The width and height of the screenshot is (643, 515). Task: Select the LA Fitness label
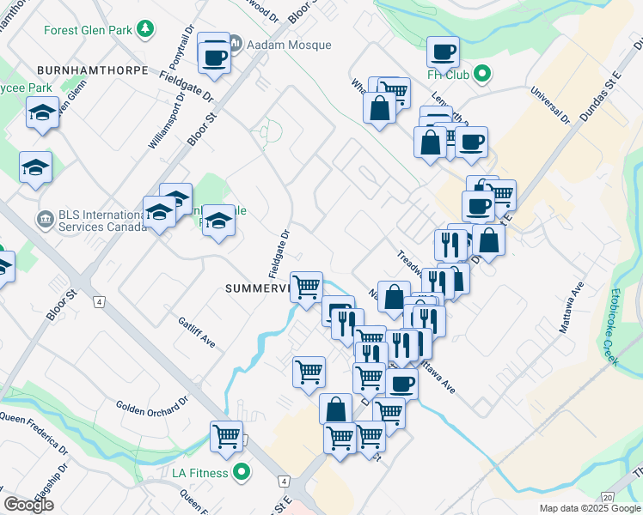coord(199,473)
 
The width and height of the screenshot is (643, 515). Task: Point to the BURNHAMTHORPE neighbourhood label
coord(91,70)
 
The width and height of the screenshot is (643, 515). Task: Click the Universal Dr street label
coord(550,106)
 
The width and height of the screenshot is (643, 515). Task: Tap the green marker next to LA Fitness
coord(242,472)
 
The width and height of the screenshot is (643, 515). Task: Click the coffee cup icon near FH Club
coord(443,52)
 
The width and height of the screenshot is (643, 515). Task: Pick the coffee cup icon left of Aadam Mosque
coord(213,58)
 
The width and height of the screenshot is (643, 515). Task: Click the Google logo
coord(29,505)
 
